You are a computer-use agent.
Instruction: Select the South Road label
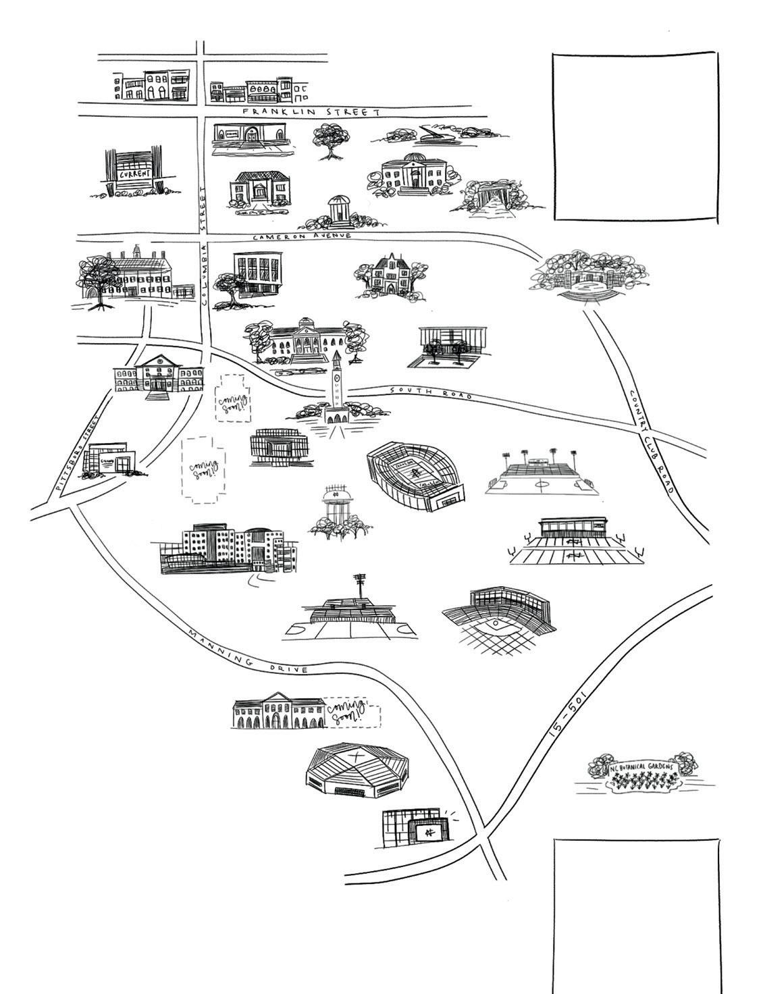[431, 392]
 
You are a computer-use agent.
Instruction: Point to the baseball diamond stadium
[500, 619]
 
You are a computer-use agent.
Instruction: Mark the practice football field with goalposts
[575, 544]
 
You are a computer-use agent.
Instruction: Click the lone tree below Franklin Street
[330, 140]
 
